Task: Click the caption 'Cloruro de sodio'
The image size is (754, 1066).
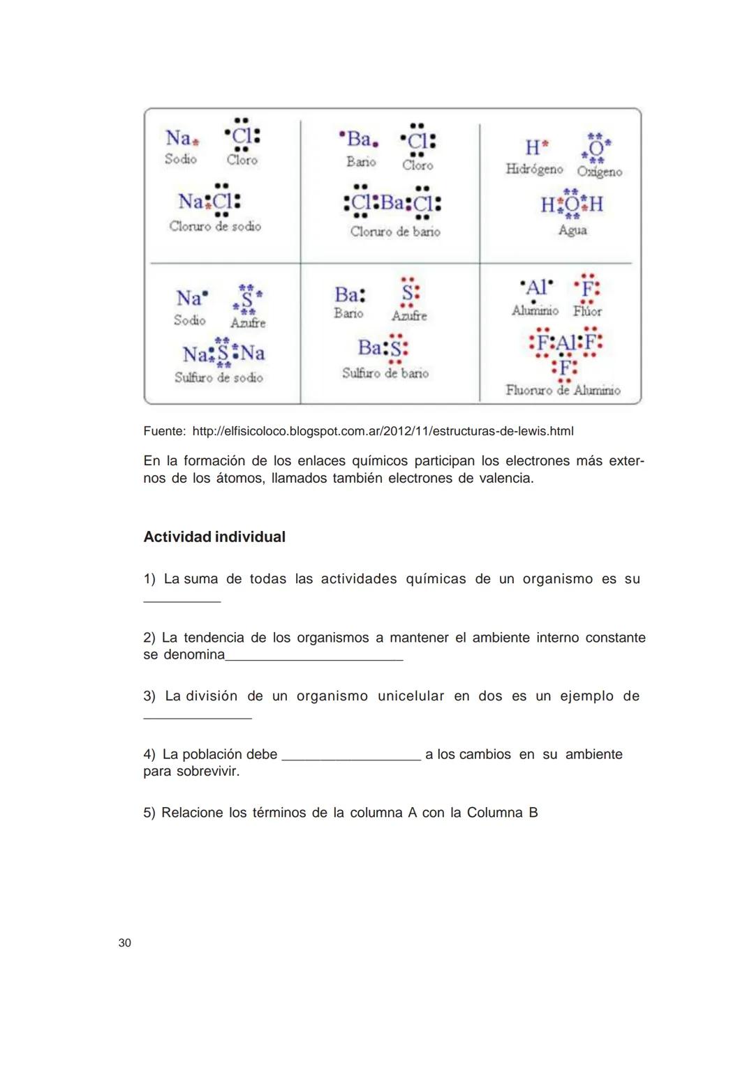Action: coord(215,226)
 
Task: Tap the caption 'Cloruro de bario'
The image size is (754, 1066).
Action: coord(395,232)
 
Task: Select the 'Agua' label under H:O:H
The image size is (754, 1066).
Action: coord(572,230)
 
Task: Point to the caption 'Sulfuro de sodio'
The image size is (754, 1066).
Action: coord(219,377)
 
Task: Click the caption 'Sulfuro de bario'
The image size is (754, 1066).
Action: coord(385,373)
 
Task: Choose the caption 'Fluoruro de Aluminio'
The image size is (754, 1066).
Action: coord(563,390)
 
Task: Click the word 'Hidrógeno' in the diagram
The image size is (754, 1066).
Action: coord(534,170)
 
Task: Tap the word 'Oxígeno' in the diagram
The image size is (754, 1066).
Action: coord(599,172)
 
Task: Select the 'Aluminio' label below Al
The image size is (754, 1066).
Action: coord(535,310)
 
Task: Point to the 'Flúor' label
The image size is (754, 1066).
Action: coord(587,311)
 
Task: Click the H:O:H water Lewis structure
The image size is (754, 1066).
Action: coord(572,204)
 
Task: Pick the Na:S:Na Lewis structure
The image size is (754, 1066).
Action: coord(223,353)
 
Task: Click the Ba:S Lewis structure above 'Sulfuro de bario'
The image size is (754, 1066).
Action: coord(383,347)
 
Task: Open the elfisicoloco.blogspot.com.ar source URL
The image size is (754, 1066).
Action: coord(383,431)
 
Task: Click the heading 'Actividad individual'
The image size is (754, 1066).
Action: coord(214,537)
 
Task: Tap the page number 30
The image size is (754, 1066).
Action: coord(125,943)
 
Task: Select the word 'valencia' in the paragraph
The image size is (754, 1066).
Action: coord(505,479)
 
